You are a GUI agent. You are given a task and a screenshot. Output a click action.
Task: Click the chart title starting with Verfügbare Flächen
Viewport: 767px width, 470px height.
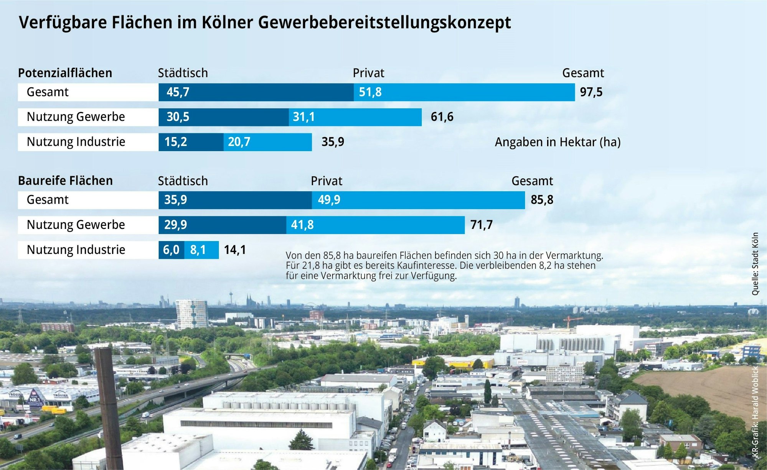click(265, 22)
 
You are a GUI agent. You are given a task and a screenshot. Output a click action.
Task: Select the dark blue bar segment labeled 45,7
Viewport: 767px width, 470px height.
click(256, 92)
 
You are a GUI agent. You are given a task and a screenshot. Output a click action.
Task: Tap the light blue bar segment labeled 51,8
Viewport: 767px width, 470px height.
click(464, 92)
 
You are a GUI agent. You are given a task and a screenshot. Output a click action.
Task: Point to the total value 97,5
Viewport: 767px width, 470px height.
click(591, 92)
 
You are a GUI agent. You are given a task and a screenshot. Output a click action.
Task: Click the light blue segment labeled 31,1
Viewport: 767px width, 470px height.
click(355, 117)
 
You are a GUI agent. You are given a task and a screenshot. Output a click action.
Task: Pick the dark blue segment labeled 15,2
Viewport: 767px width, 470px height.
click(191, 142)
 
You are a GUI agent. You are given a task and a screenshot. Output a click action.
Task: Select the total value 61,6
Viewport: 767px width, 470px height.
click(442, 117)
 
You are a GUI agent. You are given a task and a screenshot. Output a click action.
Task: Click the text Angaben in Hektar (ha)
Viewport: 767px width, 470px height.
click(558, 142)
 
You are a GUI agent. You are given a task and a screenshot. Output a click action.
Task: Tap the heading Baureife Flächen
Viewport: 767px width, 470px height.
click(65, 181)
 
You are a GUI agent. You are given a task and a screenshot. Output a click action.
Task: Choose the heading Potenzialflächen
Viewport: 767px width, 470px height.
click(65, 73)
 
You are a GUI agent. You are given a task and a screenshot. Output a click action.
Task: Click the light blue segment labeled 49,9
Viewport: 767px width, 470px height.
click(418, 200)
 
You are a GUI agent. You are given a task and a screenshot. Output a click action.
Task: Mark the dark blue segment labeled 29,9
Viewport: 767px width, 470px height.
click(222, 225)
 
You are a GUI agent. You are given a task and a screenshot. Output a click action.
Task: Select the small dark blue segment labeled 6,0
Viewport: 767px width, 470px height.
click(171, 250)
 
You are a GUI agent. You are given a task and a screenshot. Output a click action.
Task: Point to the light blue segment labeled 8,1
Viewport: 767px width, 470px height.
click(201, 250)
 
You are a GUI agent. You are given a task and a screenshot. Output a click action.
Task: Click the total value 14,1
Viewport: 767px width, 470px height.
click(235, 250)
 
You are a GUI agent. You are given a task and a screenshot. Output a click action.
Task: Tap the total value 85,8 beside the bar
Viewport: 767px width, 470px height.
click(542, 200)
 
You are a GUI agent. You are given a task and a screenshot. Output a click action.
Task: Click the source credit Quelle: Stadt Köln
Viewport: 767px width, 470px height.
click(755, 264)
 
